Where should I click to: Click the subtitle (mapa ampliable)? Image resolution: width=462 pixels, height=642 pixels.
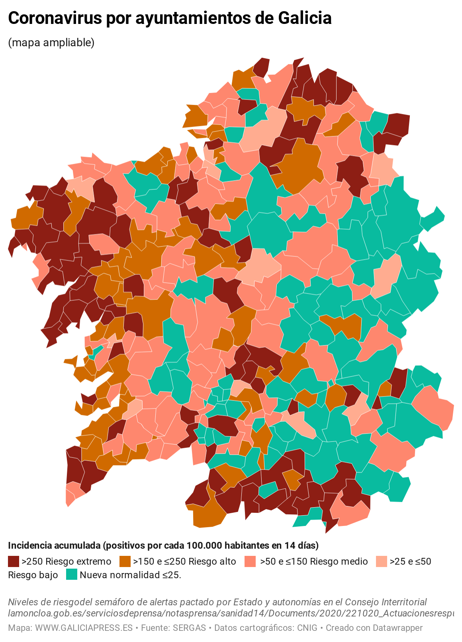click(x=51, y=43)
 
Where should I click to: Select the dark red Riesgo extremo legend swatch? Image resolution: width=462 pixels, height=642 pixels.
click(x=14, y=561)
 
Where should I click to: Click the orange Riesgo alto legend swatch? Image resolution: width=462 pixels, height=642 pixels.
click(x=125, y=561)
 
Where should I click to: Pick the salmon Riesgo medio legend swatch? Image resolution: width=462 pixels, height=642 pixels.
click(x=250, y=561)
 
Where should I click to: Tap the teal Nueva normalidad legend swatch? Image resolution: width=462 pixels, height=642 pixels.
click(x=71, y=575)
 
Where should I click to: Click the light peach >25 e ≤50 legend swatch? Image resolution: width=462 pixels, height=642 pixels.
click(x=382, y=561)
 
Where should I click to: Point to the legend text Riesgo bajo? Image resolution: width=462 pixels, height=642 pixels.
click(x=33, y=575)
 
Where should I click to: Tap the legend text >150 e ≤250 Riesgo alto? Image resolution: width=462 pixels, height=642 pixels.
click(x=184, y=561)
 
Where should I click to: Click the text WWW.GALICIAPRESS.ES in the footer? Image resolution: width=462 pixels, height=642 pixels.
click(x=84, y=628)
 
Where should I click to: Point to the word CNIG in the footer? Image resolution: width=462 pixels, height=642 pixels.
click(x=307, y=628)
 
